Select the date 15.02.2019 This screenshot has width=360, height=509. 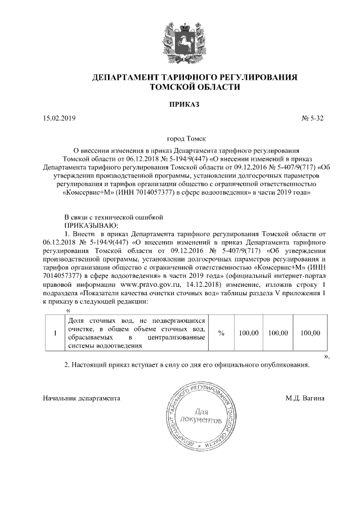click(x=59, y=118)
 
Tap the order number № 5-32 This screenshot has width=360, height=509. click(x=313, y=118)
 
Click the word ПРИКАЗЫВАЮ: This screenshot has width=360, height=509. click(x=92, y=224)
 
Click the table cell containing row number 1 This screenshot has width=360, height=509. click(x=54, y=333)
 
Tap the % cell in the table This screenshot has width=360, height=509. click(x=221, y=333)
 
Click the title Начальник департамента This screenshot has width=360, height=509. click(x=82, y=398)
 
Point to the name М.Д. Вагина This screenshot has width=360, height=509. click(x=305, y=398)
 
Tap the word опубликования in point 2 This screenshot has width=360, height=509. click(x=281, y=365)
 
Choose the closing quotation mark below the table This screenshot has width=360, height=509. click(x=326, y=356)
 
